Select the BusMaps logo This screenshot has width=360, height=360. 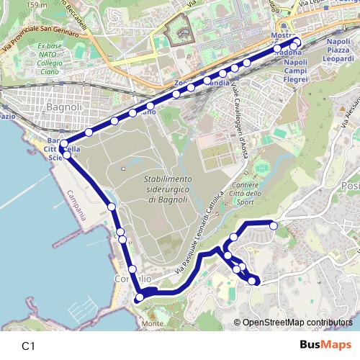tap(325, 345)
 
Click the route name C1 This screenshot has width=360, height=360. tap(29, 346)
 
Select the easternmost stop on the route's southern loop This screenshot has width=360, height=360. tap(274, 225)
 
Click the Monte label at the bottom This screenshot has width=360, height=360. tap(153, 324)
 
